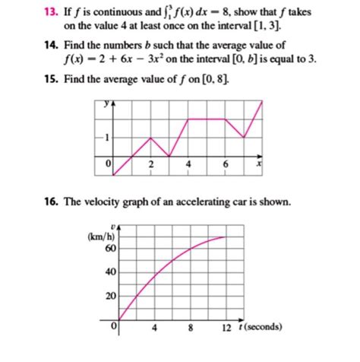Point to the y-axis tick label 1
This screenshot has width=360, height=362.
click(107, 138)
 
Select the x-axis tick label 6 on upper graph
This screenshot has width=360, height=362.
click(226, 164)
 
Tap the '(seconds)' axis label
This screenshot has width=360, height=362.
click(262, 329)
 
